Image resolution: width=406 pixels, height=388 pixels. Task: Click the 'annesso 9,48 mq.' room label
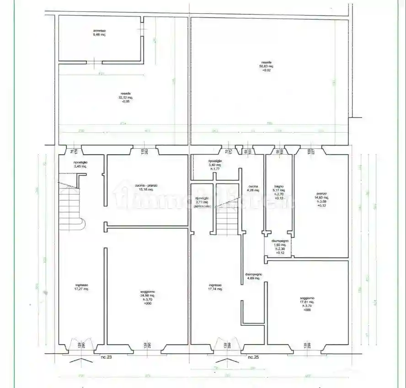click(x=99, y=32)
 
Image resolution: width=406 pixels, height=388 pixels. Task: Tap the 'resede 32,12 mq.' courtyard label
click(x=126, y=97)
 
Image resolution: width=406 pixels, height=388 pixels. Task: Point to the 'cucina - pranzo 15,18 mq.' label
click(x=146, y=188)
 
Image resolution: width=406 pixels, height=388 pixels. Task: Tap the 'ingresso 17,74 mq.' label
click(x=215, y=286)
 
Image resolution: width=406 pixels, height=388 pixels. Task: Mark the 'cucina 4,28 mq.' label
click(x=253, y=189)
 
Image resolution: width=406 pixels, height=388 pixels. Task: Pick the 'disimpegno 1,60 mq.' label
click(x=279, y=247)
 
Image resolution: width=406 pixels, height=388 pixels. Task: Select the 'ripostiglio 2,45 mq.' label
click(x=80, y=165)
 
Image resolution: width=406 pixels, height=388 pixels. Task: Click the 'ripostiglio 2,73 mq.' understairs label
click(x=202, y=202)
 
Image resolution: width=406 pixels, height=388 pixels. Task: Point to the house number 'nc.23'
click(x=106, y=357)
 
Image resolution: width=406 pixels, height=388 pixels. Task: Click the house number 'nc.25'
click(x=254, y=357)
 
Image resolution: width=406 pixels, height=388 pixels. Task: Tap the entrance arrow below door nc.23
click(x=80, y=362)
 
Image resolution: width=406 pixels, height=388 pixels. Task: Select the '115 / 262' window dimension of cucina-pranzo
click(x=145, y=151)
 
